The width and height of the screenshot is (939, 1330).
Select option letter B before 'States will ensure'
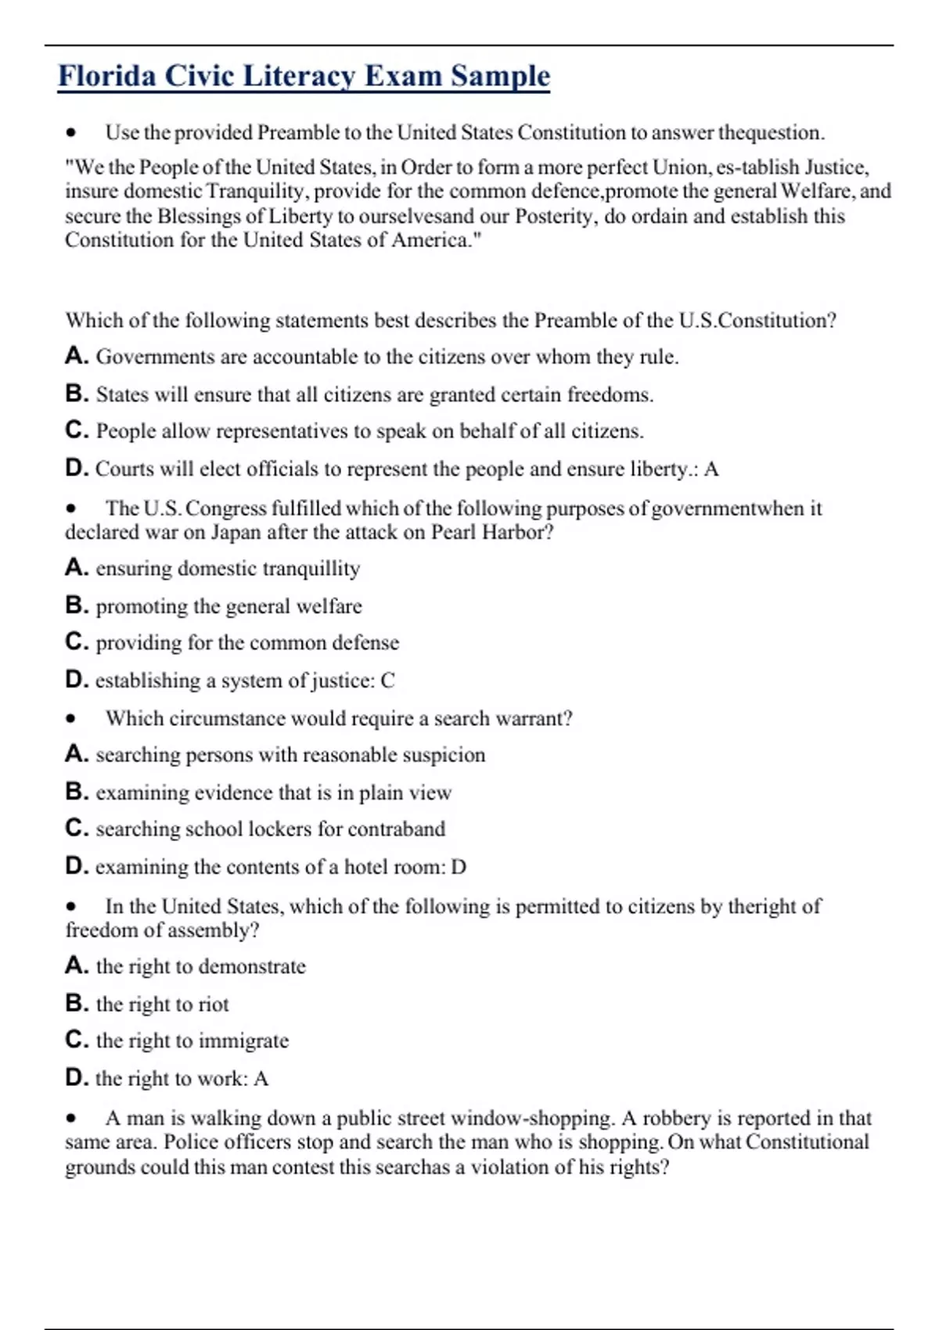pyautogui.click(x=76, y=394)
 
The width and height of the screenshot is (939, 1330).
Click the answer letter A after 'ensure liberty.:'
pyautogui.click(x=711, y=469)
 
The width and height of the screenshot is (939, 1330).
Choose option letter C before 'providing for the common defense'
pyautogui.click(x=76, y=642)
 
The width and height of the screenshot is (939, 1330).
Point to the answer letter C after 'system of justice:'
pyautogui.click(x=387, y=681)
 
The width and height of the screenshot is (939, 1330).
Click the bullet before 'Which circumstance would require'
pyautogui.click(x=71, y=719)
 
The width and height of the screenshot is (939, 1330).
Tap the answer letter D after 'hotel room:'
pyautogui.click(x=459, y=868)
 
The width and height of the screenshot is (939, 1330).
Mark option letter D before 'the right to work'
pyautogui.click(x=76, y=1078)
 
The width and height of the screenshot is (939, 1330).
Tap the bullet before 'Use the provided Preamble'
pyautogui.click(x=71, y=133)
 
